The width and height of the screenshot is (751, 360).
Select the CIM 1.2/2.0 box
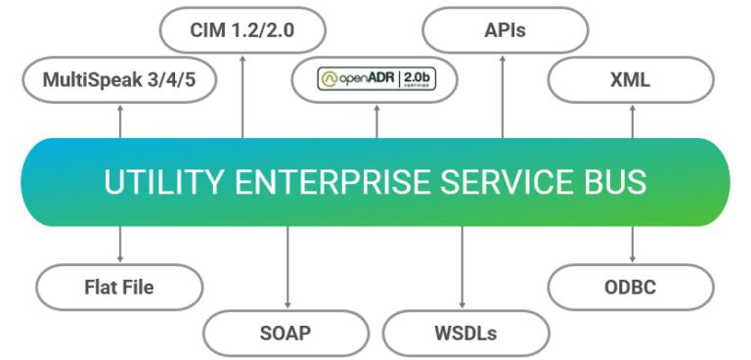click(242, 30)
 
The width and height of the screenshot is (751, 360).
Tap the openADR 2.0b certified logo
click(375, 80)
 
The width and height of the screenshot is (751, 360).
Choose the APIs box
click(505, 30)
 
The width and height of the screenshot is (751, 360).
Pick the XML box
click(630, 79)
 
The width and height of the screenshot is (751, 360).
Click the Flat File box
click(118, 287)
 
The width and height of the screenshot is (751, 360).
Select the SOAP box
click(286, 333)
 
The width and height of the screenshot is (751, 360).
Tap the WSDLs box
click(464, 333)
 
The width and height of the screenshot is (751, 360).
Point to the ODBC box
click(630, 287)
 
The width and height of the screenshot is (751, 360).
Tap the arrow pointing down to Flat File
click(120, 245)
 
